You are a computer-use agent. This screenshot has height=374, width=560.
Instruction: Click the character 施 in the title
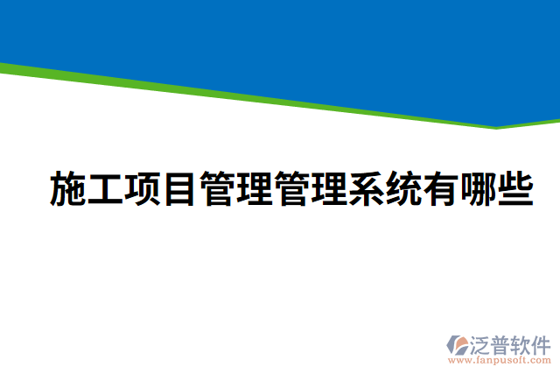pyautogui.click(x=69, y=189)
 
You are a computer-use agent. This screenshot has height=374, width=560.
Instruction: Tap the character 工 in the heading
pyautogui.click(x=107, y=189)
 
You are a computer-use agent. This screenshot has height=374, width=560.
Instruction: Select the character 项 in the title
pyautogui.click(x=143, y=189)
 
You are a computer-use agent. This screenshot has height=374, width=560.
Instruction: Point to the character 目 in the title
pyautogui.click(x=181, y=189)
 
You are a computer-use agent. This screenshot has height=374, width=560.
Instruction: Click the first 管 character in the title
pyautogui.click(x=218, y=189)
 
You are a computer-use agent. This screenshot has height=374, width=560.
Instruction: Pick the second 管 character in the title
pyautogui.click(x=292, y=189)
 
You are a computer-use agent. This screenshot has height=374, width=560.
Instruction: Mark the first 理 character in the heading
pyautogui.click(x=255, y=189)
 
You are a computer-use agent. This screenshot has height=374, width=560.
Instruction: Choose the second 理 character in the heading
pyautogui.click(x=330, y=189)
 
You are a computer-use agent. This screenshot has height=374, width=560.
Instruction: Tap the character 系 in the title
pyautogui.click(x=367, y=189)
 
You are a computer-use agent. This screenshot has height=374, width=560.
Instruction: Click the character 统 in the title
pyautogui.click(x=404, y=189)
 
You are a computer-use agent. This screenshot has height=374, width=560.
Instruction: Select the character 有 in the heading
pyautogui.click(x=441, y=189)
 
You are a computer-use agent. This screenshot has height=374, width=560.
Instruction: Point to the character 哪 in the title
pyautogui.click(x=479, y=189)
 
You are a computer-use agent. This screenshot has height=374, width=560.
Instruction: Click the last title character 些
pyautogui.click(x=515, y=189)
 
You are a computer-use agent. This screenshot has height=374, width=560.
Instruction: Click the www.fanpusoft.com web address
pyautogui.click(x=500, y=358)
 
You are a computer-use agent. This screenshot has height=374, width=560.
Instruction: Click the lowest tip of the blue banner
pyautogui.click(x=497, y=125)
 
